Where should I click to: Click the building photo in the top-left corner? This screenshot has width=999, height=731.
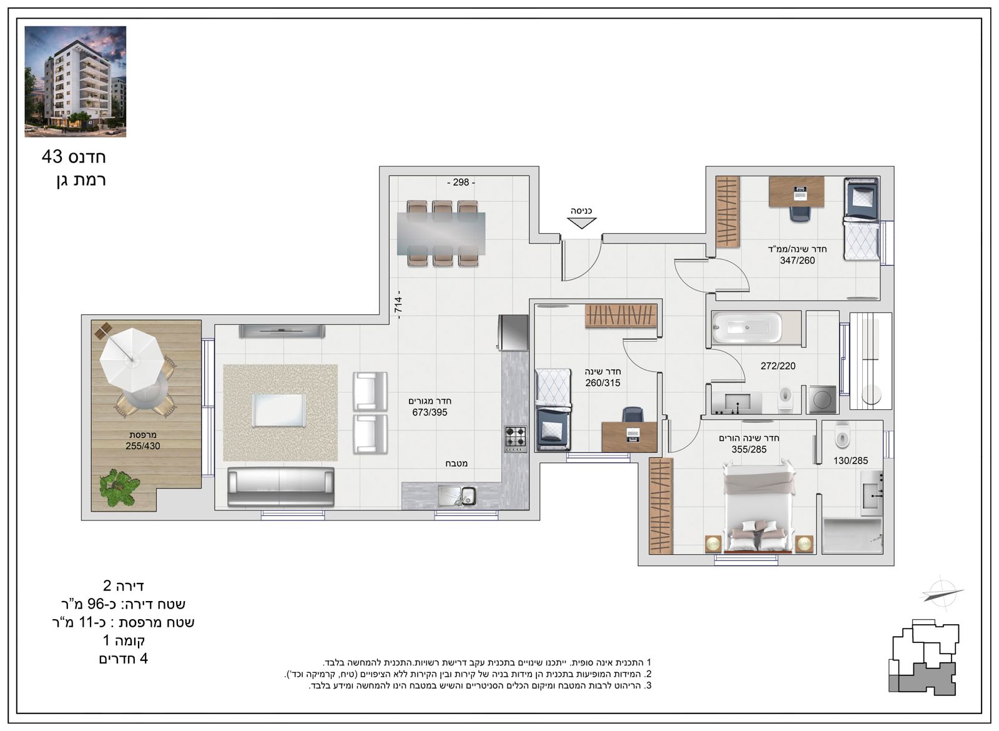[x=76, y=81]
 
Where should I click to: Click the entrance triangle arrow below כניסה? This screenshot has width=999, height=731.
[x=581, y=223]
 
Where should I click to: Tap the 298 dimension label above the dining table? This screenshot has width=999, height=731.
[x=461, y=182]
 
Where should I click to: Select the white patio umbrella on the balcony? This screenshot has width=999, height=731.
[x=130, y=359]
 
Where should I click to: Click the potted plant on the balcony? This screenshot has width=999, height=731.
[x=119, y=487]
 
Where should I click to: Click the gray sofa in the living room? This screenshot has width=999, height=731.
[x=280, y=487]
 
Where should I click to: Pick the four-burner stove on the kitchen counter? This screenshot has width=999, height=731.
[x=516, y=437]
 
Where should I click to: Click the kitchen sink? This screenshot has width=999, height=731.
[x=458, y=496]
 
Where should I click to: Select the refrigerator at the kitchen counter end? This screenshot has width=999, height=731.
[x=513, y=332]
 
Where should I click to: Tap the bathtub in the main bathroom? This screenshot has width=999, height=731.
[x=747, y=328]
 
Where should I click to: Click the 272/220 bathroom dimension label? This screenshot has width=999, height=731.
[x=778, y=366]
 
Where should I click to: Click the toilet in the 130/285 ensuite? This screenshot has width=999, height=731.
[x=842, y=435]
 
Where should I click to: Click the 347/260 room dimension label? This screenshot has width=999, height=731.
[x=797, y=261]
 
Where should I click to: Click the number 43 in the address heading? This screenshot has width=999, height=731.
[x=52, y=157]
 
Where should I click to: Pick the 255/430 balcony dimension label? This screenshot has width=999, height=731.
[x=143, y=446]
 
